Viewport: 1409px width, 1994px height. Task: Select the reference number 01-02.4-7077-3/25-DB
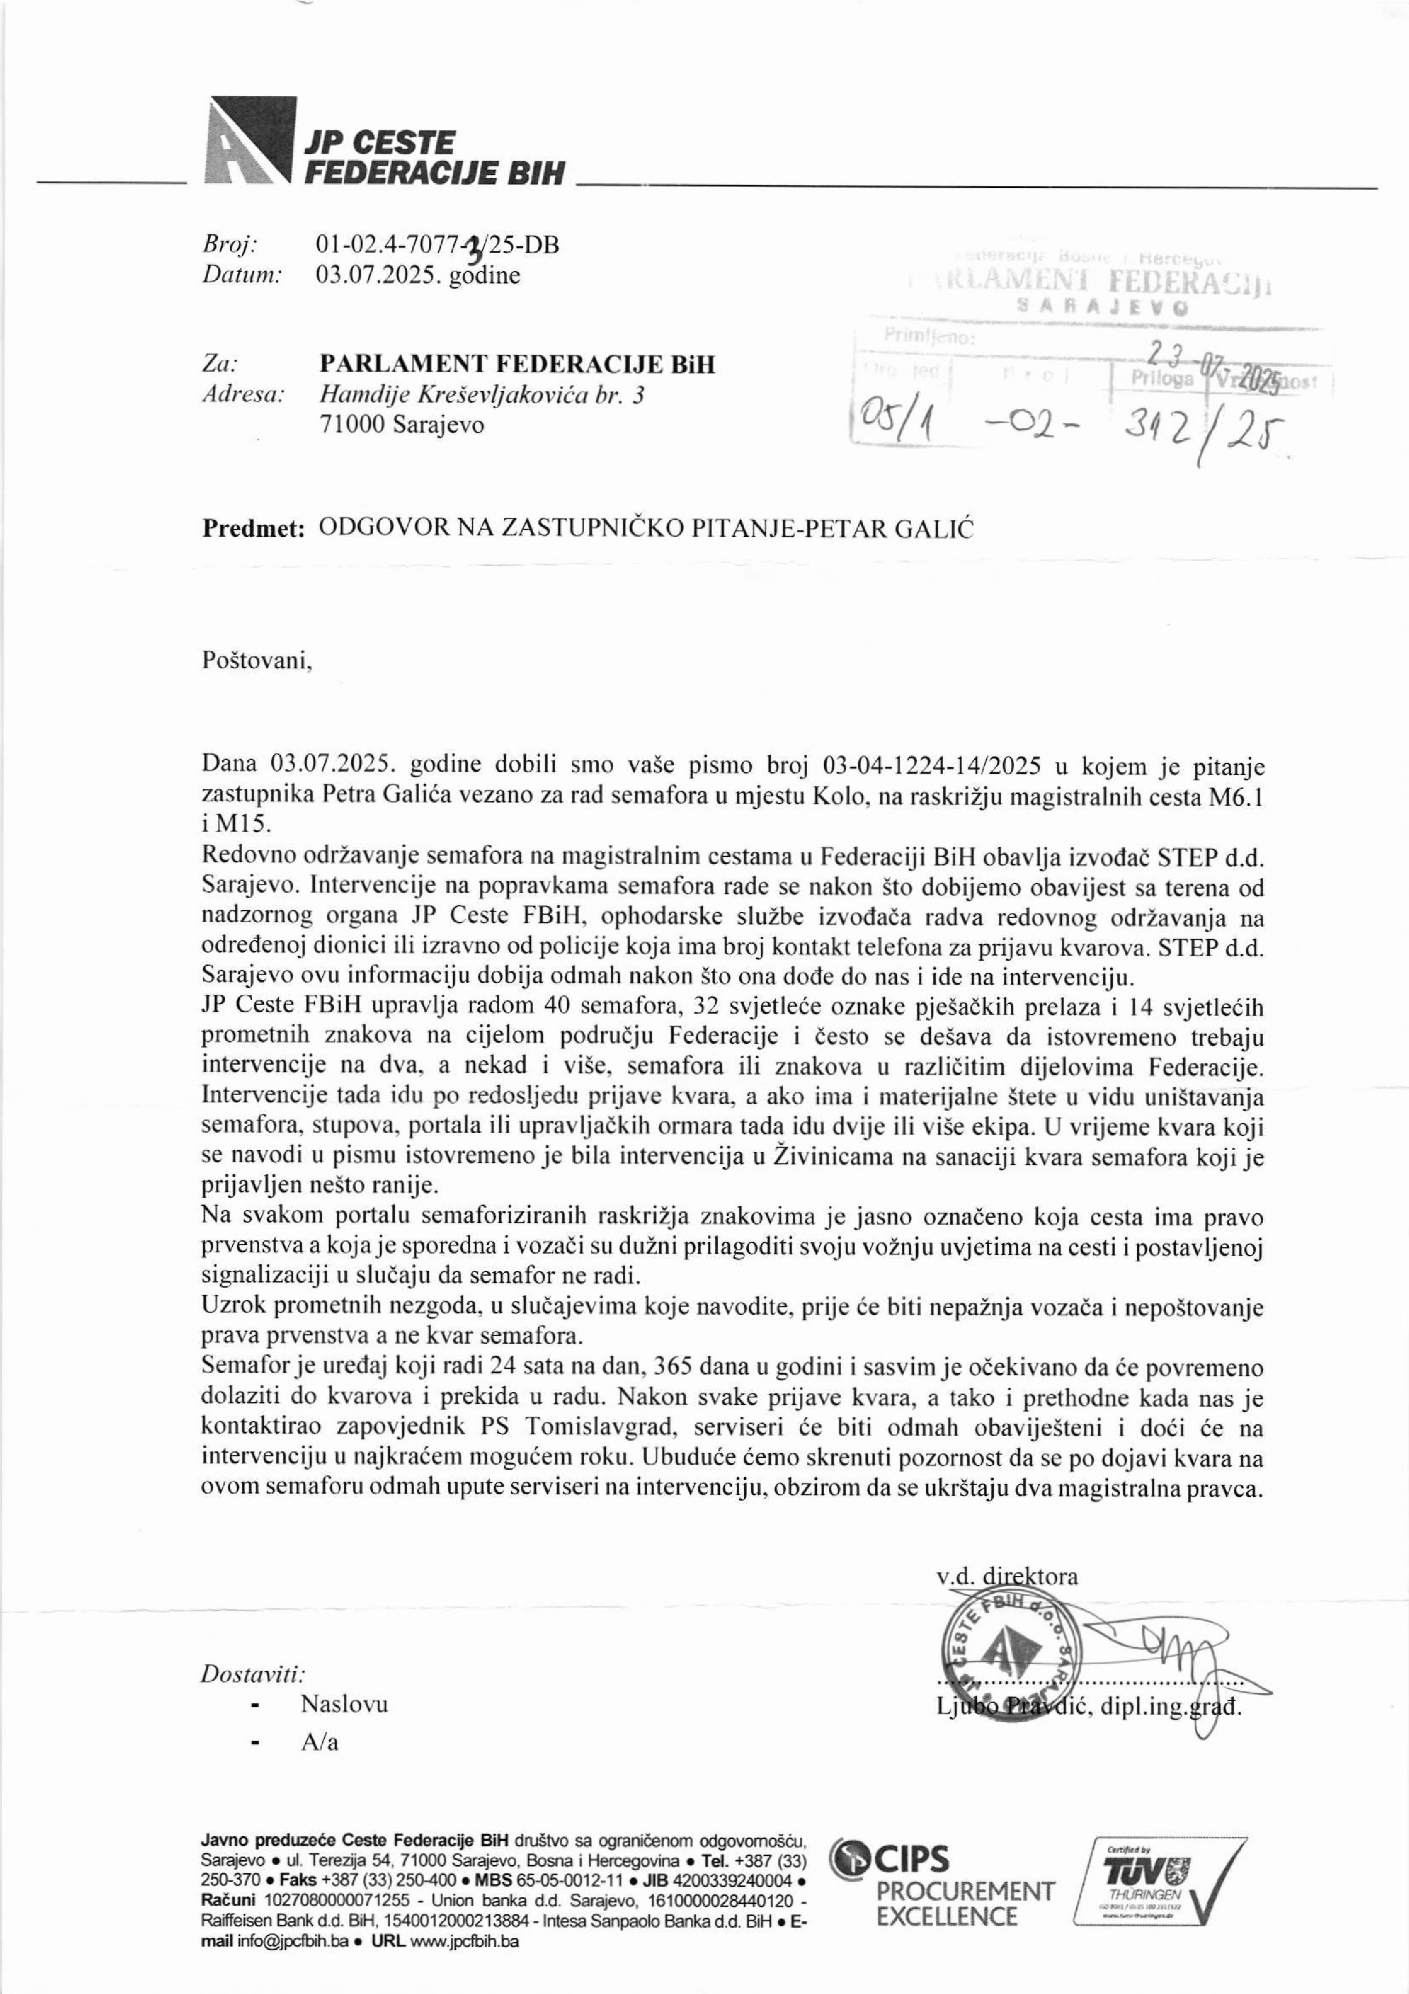[438, 245]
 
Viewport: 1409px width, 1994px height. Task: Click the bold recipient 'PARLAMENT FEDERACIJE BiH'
[517, 363]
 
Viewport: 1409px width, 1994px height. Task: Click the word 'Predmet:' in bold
[254, 528]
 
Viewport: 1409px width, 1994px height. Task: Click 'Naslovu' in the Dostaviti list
[344, 1728]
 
